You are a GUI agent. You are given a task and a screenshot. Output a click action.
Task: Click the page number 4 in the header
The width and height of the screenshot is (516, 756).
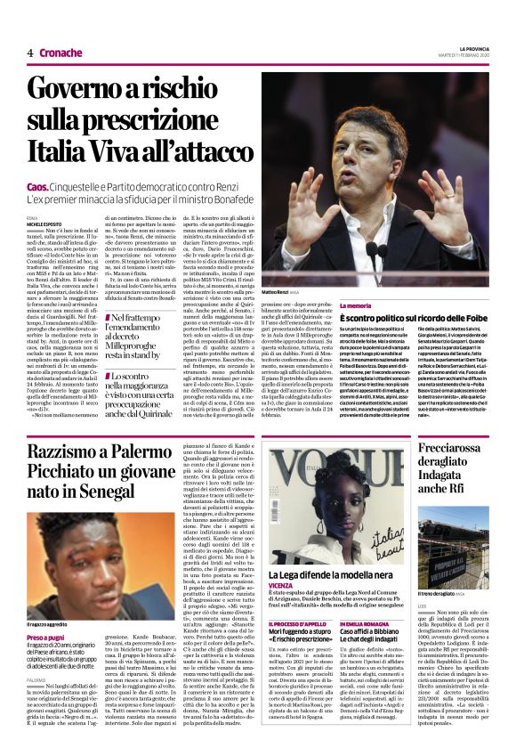click(30, 53)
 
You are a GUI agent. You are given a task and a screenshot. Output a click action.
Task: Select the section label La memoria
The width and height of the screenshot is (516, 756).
click(281, 305)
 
